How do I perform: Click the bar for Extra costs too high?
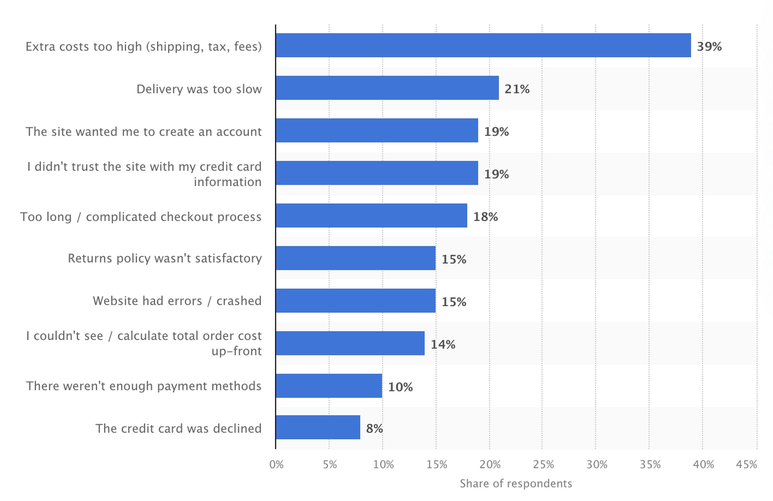[x=483, y=45]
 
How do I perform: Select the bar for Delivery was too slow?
[x=387, y=88]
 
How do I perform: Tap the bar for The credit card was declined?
[x=318, y=427]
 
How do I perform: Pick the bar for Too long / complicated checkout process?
[x=371, y=215]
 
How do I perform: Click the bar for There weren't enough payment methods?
[x=328, y=386]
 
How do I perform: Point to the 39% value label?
[x=709, y=46]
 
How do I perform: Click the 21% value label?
[x=517, y=89]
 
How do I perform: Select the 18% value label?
[x=485, y=217]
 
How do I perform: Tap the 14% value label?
[x=443, y=344]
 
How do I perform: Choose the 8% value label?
[x=374, y=429]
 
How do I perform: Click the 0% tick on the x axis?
[x=276, y=465]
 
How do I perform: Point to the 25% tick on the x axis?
[x=543, y=465]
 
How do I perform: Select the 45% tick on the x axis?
[x=746, y=465]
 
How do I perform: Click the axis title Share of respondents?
[x=516, y=483]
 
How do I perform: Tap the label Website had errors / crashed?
[x=177, y=301]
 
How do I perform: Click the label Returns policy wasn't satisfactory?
[x=164, y=258]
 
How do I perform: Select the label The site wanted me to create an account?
[x=143, y=131]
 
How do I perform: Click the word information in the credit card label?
[x=227, y=182]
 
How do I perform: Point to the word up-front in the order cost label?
[x=236, y=351]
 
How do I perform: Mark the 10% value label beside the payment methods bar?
[x=400, y=387]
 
